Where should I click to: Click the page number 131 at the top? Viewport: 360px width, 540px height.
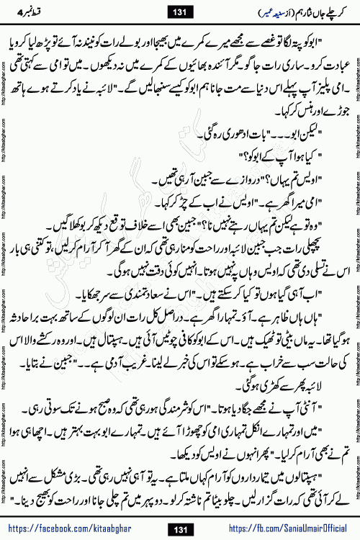[x=179, y=11]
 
